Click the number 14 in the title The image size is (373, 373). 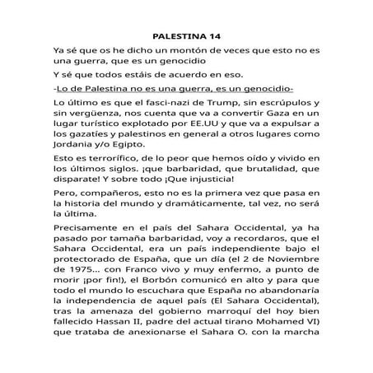(213, 36)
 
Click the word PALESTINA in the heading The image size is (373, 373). (180, 36)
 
